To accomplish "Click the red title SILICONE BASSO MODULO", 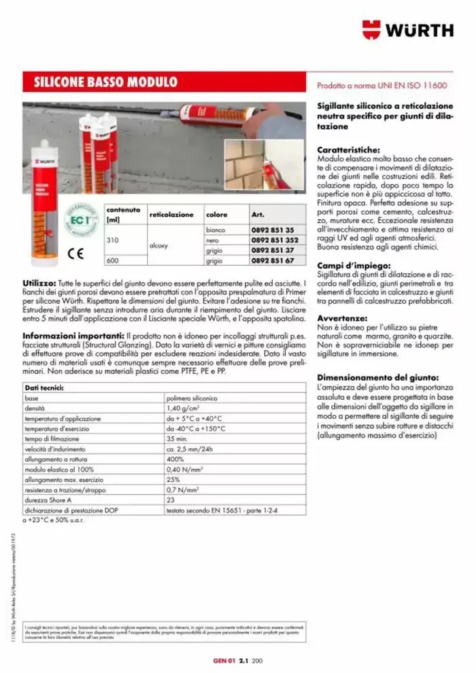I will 105,83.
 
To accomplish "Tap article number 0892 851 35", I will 272,230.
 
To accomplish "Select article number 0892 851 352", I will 274,240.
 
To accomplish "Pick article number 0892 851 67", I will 272,260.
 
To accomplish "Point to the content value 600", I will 112,260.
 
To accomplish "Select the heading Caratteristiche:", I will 351,150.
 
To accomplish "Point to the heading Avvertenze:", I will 343,318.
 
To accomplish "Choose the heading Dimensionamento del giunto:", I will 378,377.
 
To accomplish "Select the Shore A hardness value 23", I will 171,499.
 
